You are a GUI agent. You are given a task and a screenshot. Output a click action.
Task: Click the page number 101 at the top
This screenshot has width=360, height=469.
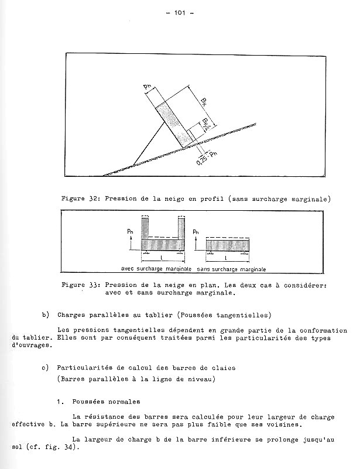(179, 13)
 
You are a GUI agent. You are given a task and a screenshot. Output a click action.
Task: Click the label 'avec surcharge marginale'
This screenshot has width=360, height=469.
(156, 268)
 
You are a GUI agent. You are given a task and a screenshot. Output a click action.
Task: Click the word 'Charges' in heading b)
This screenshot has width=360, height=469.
(73, 315)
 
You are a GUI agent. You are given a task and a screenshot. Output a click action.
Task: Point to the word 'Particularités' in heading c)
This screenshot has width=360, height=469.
(87, 368)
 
